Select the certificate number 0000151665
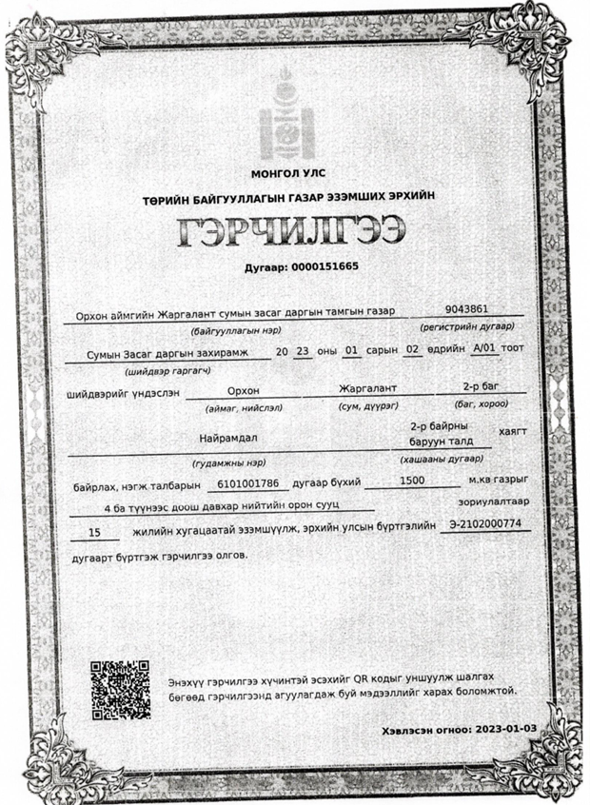[x=324, y=265]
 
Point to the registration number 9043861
[x=466, y=309]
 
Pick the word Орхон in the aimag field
[x=243, y=389]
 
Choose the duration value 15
[x=93, y=535]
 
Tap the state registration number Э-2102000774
[x=485, y=524]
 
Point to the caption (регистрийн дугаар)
[x=467, y=327]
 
